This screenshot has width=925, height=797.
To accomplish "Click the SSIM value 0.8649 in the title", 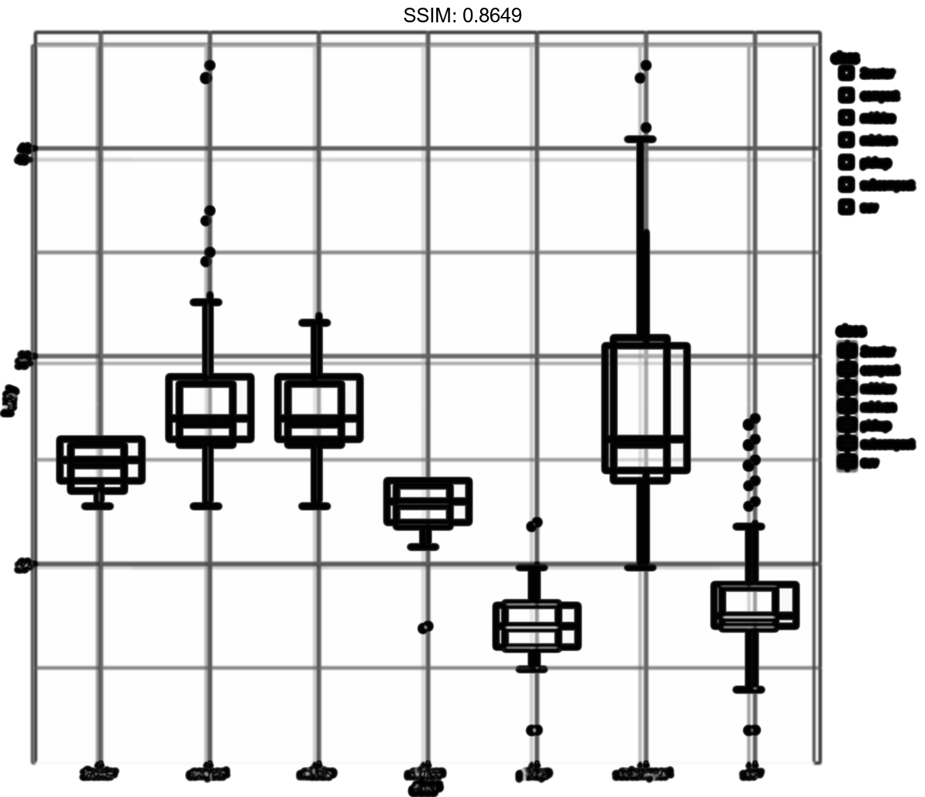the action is [491, 15].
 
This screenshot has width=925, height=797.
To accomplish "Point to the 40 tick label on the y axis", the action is [25, 153].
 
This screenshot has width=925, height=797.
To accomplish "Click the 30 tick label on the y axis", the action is [25, 359].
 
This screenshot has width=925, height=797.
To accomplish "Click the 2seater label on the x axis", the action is [100, 772].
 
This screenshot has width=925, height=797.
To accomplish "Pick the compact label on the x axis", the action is [208, 772].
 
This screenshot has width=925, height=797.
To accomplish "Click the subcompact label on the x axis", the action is [643, 772].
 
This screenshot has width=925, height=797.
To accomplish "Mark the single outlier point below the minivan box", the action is [425, 627].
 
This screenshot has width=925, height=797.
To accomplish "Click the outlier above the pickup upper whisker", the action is [534, 524].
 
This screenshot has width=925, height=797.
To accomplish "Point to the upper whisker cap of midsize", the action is [315, 323].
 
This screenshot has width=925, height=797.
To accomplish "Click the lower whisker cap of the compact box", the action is [206, 506].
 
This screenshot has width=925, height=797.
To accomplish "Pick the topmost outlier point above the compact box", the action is [209, 66].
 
